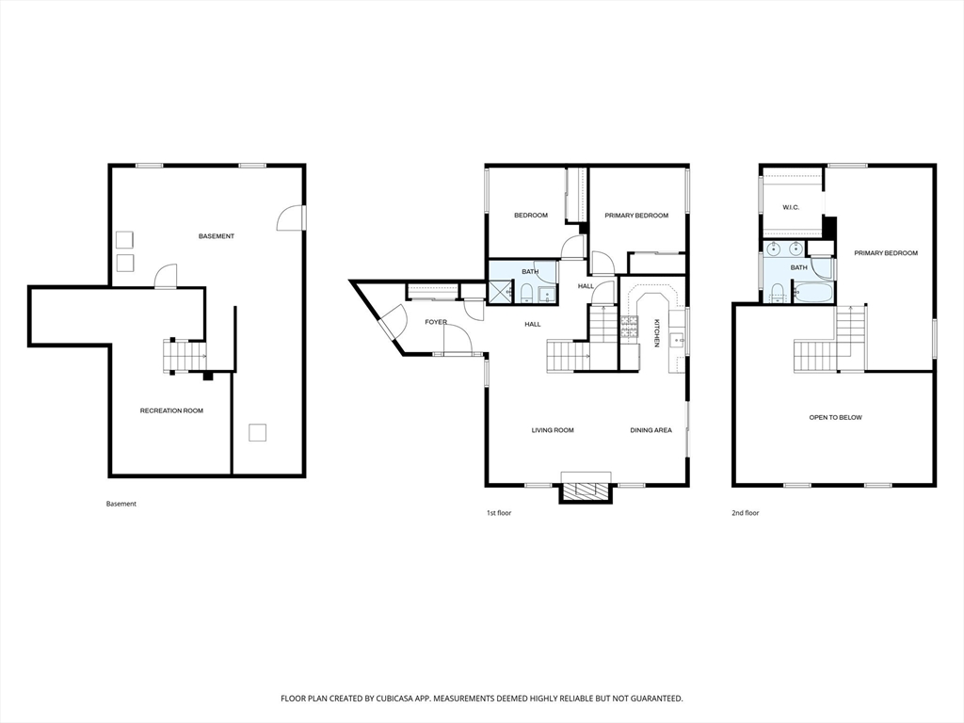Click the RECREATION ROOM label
coord(171,410)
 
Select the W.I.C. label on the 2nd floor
coord(791,207)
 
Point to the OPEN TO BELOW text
coord(835,417)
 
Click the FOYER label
coord(436,322)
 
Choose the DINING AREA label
coord(651,430)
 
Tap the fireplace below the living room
coord(586,490)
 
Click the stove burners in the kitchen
coord(629,326)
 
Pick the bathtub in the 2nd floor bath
coord(813,293)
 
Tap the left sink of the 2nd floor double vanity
coord(774,249)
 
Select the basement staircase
coord(185,356)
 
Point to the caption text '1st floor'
coord(500,513)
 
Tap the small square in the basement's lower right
coord(257,433)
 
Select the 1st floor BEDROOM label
coord(530,216)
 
